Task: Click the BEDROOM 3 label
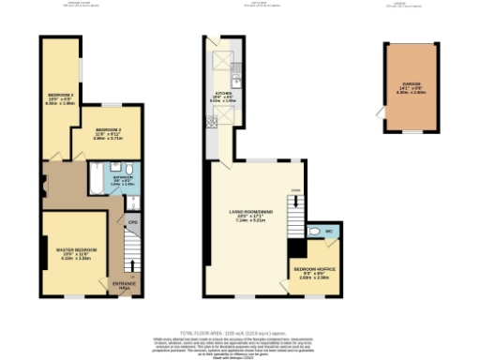click(61, 95)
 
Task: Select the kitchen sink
click(236, 67)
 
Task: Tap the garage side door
click(381, 113)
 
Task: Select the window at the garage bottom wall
click(411, 132)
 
